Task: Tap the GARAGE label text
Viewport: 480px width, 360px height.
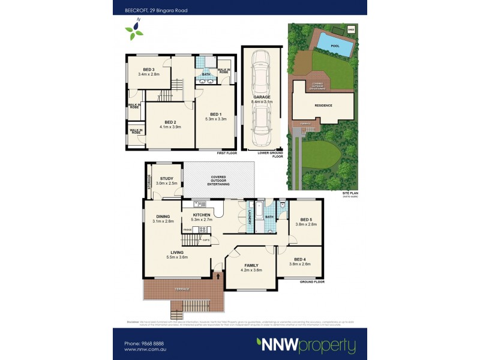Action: pyautogui.click(x=261, y=97)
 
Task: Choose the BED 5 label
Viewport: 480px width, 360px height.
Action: pyautogui.click(x=302, y=220)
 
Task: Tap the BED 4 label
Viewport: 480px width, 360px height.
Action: pyautogui.click(x=302, y=259)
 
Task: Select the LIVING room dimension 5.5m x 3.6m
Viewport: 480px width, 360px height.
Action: pyautogui.click(x=177, y=257)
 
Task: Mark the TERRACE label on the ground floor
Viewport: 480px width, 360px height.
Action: pyautogui.click(x=182, y=290)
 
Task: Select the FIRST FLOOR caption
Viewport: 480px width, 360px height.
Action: pyautogui.click(x=227, y=153)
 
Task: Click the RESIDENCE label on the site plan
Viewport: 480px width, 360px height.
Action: pyautogui.click(x=323, y=105)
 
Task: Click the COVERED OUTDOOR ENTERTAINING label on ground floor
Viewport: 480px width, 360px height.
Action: pyautogui.click(x=218, y=181)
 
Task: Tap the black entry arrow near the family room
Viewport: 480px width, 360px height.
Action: pyautogui.click(x=218, y=276)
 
